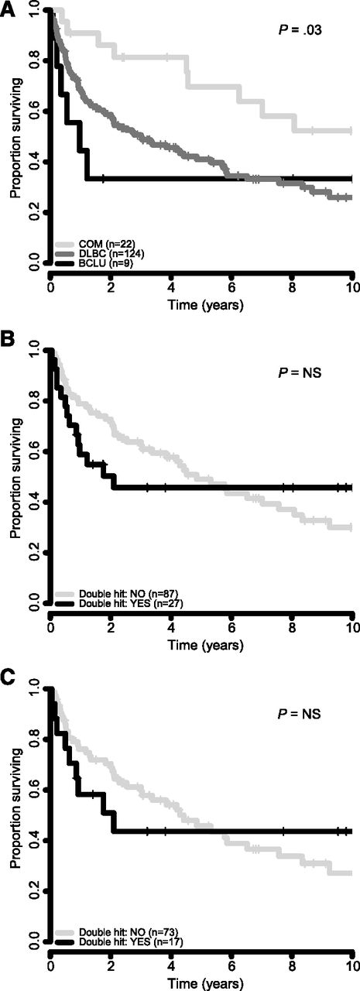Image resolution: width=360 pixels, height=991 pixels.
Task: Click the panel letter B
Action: pyautogui.click(x=8, y=342)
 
